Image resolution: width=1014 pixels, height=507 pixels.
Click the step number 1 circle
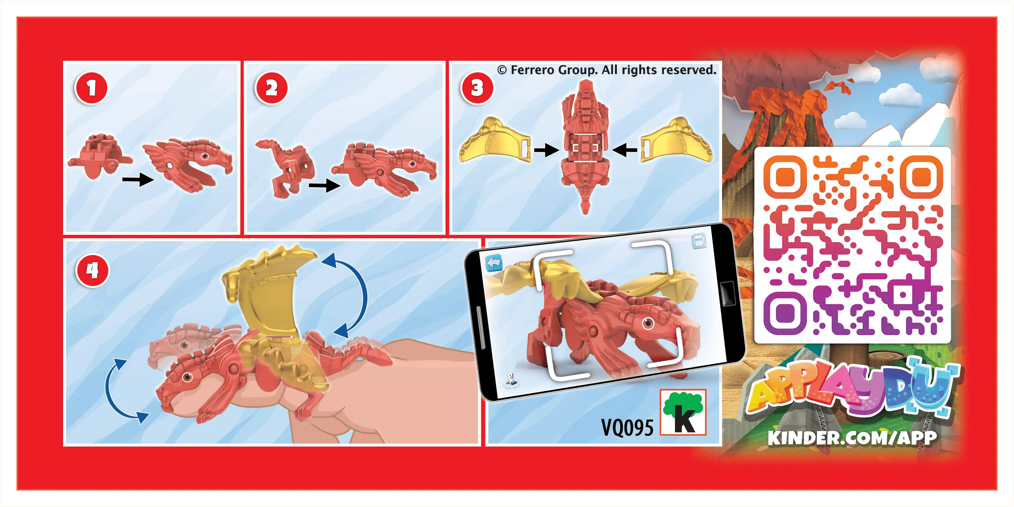pyautogui.click(x=91, y=88)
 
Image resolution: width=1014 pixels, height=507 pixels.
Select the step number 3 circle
pyautogui.click(x=477, y=88)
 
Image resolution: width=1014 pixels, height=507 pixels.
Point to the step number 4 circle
pyautogui.click(x=92, y=271)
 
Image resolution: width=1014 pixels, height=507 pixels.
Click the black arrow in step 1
pyautogui.click(x=138, y=180)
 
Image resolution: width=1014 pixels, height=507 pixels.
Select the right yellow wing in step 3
pyautogui.click(x=676, y=140)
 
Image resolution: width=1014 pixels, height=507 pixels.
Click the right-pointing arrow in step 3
pyautogui.click(x=546, y=150)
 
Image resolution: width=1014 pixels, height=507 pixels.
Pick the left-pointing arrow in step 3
pyautogui.click(x=625, y=150)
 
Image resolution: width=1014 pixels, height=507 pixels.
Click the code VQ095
pyautogui.click(x=627, y=427)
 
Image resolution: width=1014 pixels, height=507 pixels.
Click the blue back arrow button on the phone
pyautogui.click(x=494, y=263)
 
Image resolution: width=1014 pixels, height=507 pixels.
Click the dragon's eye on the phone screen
pyautogui.click(x=648, y=324)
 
